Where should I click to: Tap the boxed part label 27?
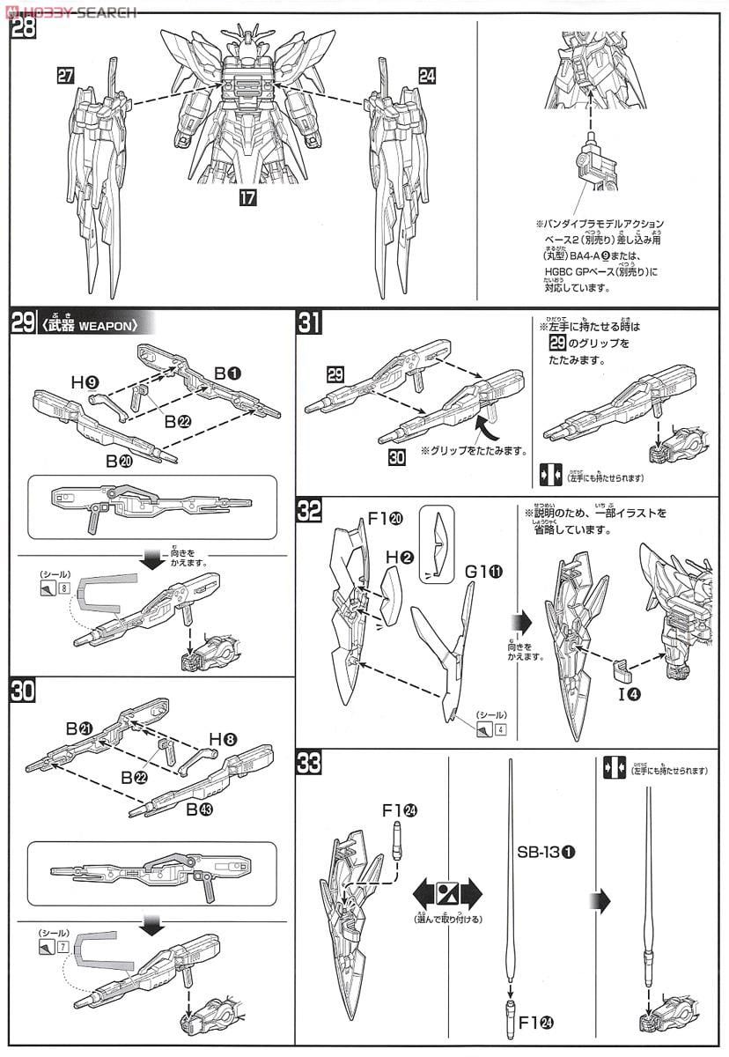click(x=65, y=76)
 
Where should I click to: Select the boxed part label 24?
click(x=427, y=76)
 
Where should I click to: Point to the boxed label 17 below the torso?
click(x=247, y=198)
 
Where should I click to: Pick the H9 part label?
click(x=85, y=382)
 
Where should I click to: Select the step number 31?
click(x=309, y=324)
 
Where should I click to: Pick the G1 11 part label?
click(x=483, y=573)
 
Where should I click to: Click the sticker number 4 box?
click(x=500, y=728)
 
